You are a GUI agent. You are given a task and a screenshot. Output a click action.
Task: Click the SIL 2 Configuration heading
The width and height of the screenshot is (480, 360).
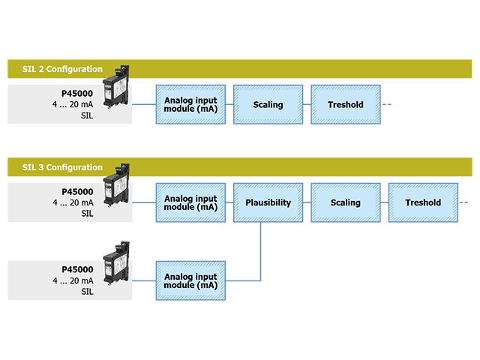(62, 69)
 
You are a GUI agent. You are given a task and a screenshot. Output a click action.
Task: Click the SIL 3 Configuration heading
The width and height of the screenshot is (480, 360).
(62, 167)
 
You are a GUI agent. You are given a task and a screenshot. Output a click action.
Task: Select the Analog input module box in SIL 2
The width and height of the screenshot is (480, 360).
(190, 104)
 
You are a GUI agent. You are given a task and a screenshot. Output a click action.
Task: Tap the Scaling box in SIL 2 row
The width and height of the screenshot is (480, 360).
(268, 104)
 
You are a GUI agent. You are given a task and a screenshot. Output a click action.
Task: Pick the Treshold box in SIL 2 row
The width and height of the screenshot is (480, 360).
(345, 104)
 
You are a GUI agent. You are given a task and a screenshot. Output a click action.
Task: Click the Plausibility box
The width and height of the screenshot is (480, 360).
(268, 202)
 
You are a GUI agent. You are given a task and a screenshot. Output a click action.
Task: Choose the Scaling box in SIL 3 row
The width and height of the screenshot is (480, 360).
(345, 202)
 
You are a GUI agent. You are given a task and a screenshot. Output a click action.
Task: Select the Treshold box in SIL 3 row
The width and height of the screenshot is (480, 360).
(423, 202)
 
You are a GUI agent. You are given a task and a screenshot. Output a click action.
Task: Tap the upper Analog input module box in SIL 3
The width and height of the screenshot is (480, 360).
(190, 202)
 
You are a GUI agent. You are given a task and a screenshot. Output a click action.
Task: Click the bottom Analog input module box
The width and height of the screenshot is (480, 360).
(190, 280)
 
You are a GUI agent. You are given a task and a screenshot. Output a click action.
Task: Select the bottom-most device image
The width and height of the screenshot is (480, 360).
(116, 262)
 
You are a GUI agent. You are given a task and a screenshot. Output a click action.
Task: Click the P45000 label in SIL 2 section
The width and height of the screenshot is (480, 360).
(77, 94)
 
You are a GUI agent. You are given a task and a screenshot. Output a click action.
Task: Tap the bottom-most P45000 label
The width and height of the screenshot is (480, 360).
(77, 269)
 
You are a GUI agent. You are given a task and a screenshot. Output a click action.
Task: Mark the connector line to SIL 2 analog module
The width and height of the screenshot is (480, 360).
(144, 104)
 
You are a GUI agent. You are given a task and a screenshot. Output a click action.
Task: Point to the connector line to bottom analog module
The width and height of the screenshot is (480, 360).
(144, 280)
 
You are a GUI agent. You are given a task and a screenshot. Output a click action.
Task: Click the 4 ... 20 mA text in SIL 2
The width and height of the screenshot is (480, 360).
(73, 105)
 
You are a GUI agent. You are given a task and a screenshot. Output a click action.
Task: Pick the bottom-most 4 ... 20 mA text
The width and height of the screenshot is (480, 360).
(73, 280)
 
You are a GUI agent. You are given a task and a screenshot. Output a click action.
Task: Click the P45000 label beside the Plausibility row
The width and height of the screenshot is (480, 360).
(77, 191)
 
